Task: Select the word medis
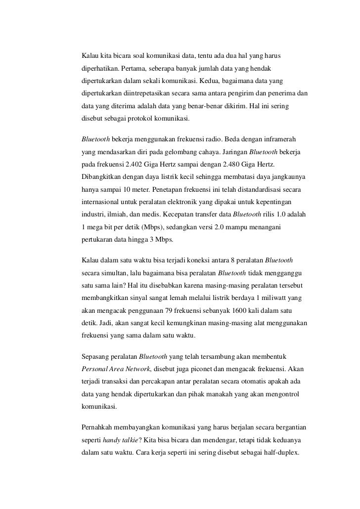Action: (x=159, y=215)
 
